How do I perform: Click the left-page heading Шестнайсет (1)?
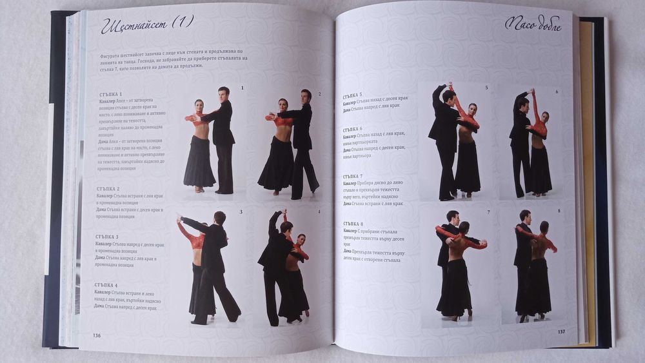[147, 25]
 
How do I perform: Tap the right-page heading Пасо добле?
[532, 26]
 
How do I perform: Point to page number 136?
[97, 335]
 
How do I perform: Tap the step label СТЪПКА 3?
[106, 237]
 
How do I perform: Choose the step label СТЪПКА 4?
[106, 285]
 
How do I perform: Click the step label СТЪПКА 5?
[352, 95]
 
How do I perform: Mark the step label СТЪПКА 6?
[352, 128]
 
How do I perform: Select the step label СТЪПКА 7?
[352, 176]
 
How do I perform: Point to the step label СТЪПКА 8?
[352, 223]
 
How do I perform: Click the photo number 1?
[242, 88]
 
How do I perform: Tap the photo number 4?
[319, 211]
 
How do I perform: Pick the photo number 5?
[486, 88]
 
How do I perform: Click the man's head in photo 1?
[223, 93]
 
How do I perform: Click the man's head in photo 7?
[452, 217]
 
